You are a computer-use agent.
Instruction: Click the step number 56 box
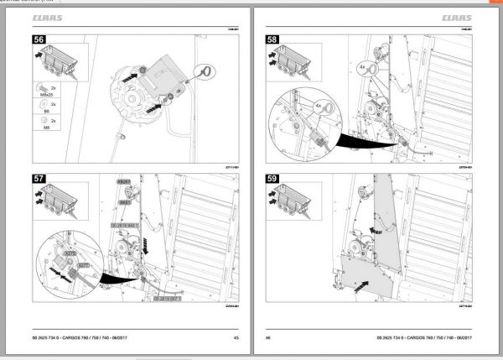pyautogui.click(x=39, y=39)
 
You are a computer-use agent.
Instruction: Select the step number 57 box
pyautogui.click(x=39, y=180)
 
